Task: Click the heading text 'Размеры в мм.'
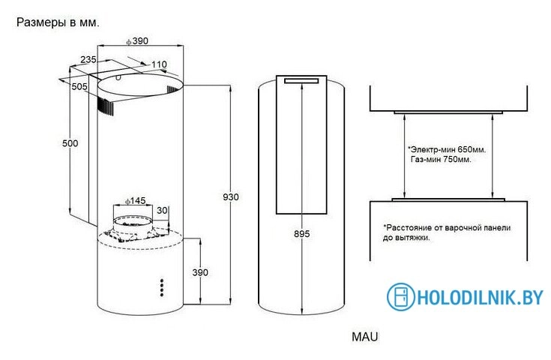click(58, 22)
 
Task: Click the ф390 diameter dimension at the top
click(137, 41)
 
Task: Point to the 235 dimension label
click(88, 60)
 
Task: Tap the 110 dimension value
click(159, 64)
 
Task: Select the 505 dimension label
click(79, 86)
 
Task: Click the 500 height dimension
click(70, 143)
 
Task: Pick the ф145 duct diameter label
click(135, 201)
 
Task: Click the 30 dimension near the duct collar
click(162, 211)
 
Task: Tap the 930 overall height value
click(231, 197)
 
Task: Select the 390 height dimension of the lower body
click(200, 272)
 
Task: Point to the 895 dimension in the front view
click(302, 234)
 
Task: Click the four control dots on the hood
click(162, 288)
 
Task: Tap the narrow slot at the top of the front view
click(301, 81)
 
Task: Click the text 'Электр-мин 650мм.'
click(447, 150)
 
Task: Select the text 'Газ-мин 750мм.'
click(441, 160)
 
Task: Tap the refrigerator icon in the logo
click(401, 297)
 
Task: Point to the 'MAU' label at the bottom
click(365, 337)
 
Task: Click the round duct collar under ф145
click(133, 224)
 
